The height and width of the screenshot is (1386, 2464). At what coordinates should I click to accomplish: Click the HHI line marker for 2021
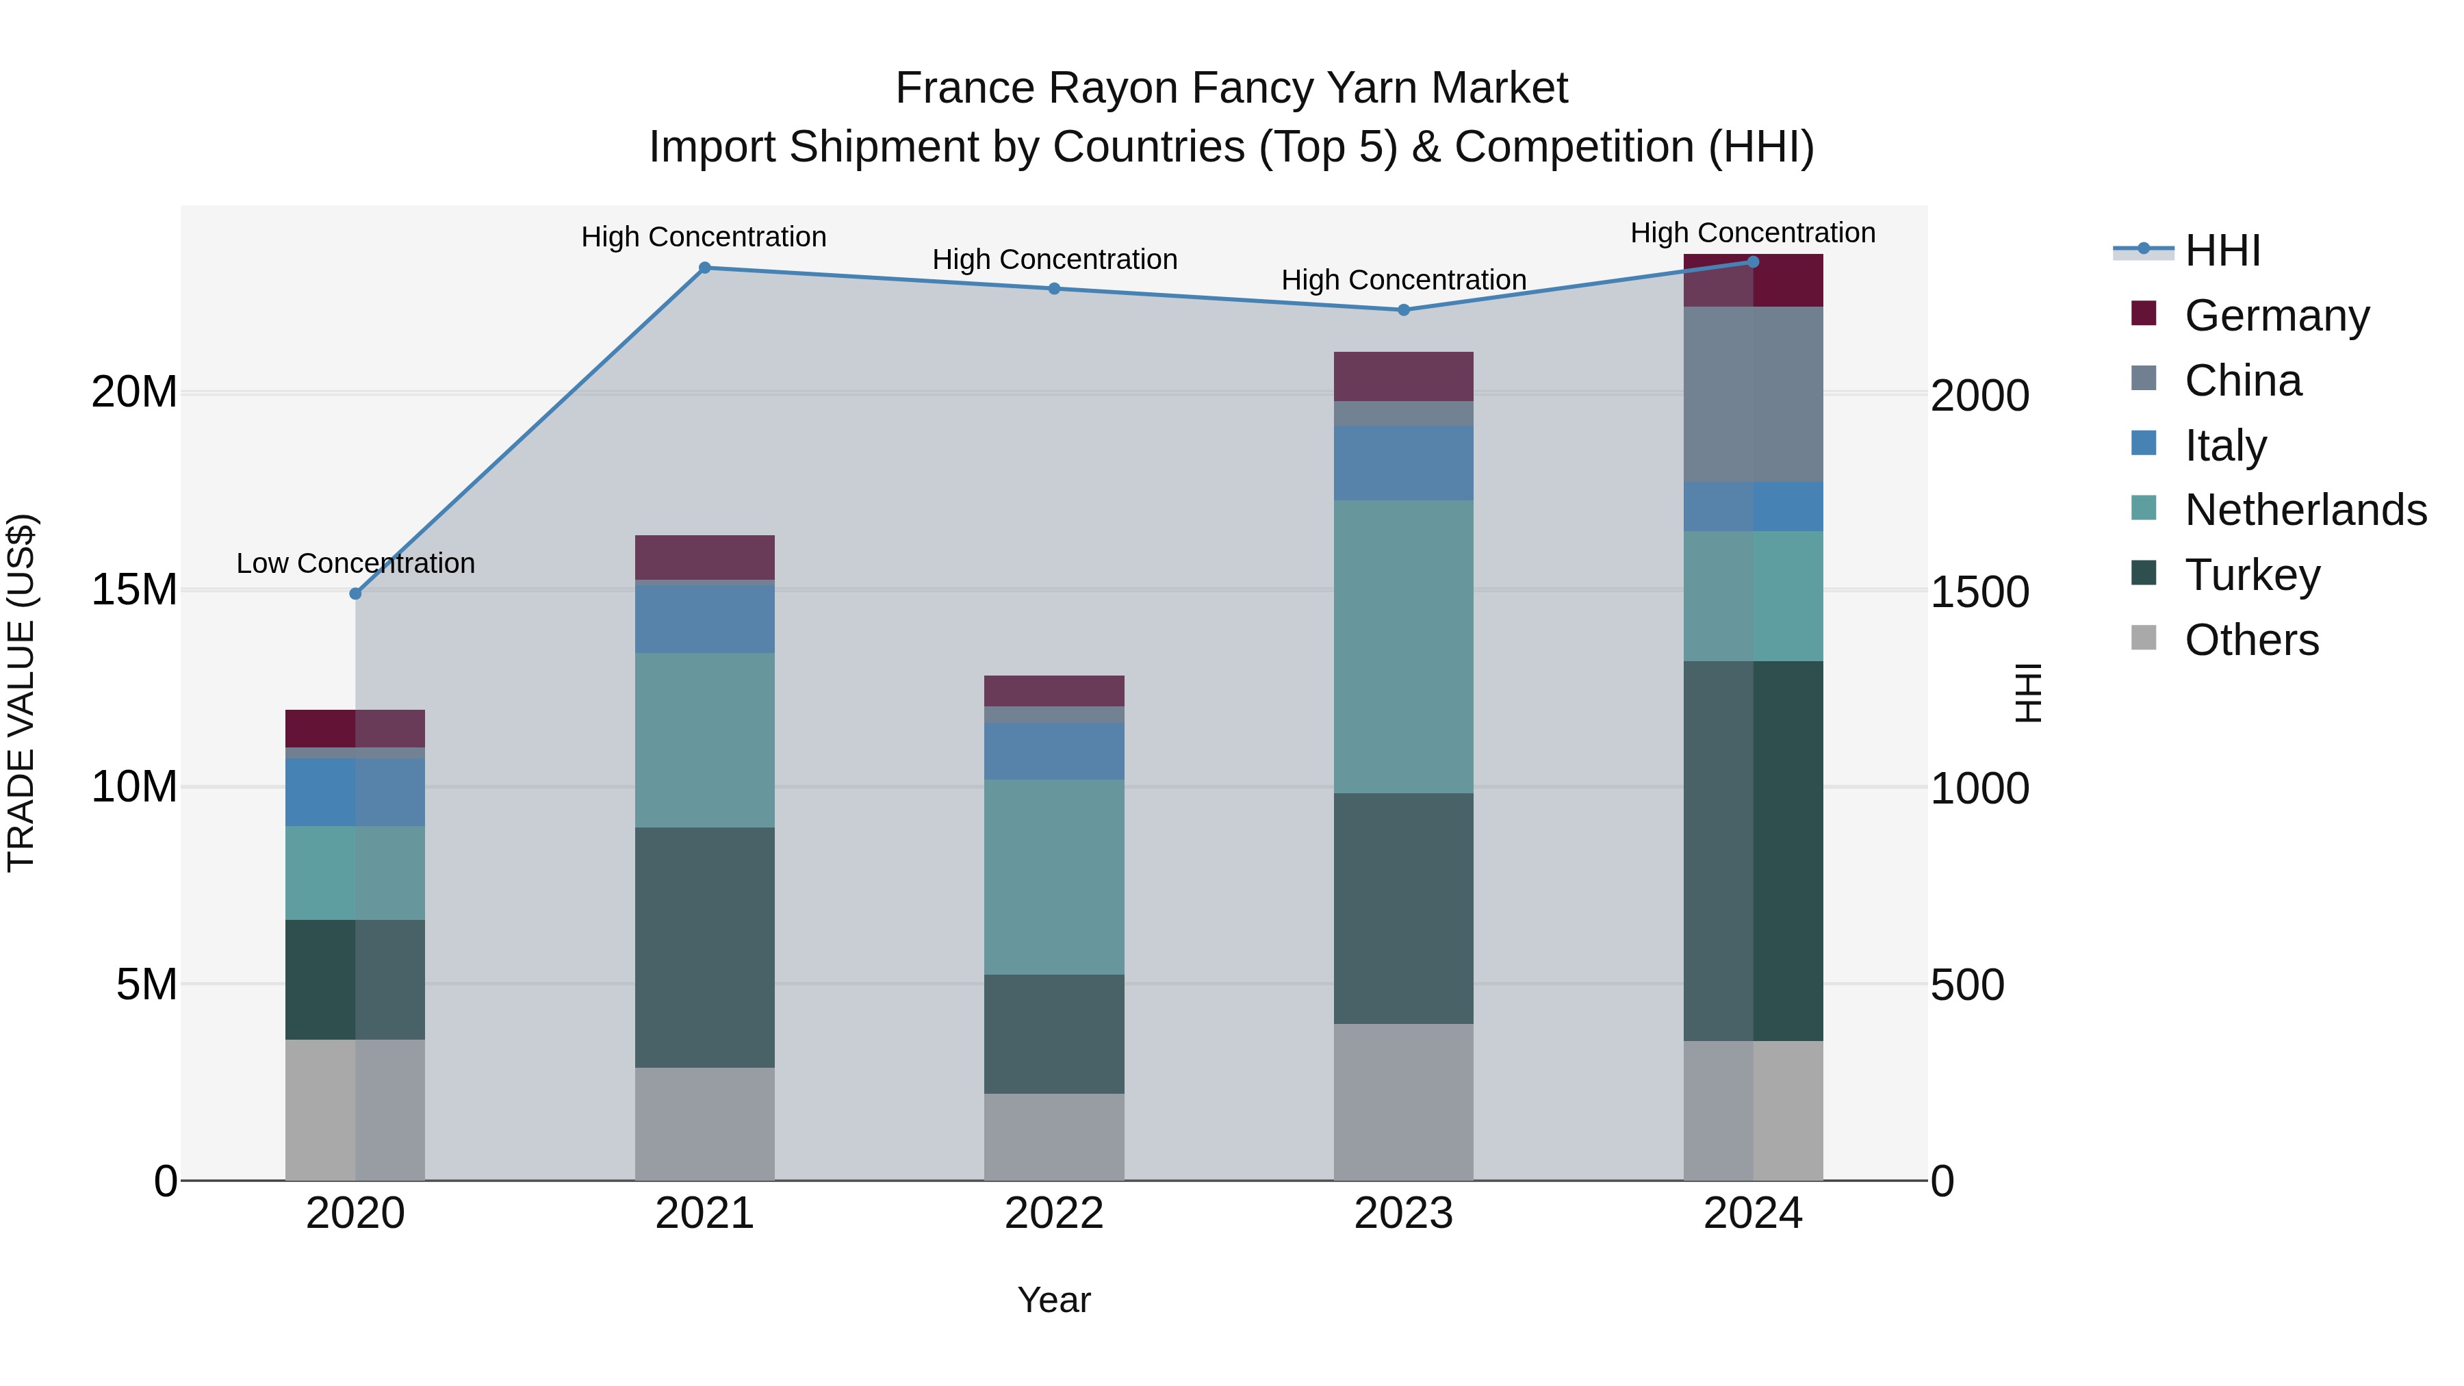coord(704,268)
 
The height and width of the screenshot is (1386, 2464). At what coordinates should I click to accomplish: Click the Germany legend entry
coord(2276,316)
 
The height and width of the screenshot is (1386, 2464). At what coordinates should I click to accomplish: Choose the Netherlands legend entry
coord(2305,510)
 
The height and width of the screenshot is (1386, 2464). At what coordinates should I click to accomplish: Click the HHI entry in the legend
coord(2222,251)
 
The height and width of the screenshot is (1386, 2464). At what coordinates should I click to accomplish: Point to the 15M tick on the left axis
coord(134,590)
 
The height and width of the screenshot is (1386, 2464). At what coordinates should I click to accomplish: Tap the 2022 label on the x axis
coord(1054,1214)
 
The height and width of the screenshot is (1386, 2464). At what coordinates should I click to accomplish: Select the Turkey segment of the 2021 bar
coord(704,947)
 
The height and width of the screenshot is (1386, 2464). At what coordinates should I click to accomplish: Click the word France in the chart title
coord(965,89)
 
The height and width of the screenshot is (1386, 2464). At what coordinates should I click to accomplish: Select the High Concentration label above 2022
coord(1054,259)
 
